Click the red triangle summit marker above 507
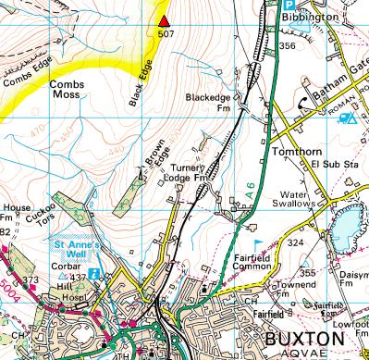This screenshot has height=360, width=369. (165, 21)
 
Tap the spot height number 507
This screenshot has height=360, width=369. (166, 34)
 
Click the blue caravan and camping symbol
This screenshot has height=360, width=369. (348, 118)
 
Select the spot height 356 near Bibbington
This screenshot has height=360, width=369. (287, 45)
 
